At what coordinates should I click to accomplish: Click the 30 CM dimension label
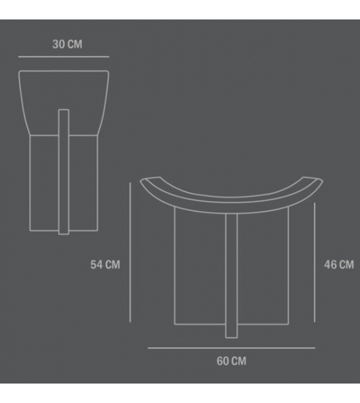point(67,45)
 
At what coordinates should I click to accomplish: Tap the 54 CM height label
point(105,264)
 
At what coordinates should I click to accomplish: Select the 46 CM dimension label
point(338,264)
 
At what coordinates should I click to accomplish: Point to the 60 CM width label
point(231,361)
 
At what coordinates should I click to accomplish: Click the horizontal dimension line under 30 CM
point(63,57)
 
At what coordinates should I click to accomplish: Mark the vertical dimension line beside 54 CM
point(130,251)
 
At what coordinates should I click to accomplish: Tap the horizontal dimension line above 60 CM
point(231,347)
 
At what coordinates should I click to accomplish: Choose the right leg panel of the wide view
point(263,270)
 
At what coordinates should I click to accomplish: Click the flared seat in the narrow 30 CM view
point(63,94)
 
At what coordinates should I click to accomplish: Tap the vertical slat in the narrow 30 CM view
point(63,169)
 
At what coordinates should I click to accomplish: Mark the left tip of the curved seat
point(145,181)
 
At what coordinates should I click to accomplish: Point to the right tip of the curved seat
point(318,181)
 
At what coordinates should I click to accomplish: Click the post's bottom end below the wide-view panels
point(231,333)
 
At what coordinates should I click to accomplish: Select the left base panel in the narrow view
point(44,182)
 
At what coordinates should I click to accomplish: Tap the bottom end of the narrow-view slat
point(63,231)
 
